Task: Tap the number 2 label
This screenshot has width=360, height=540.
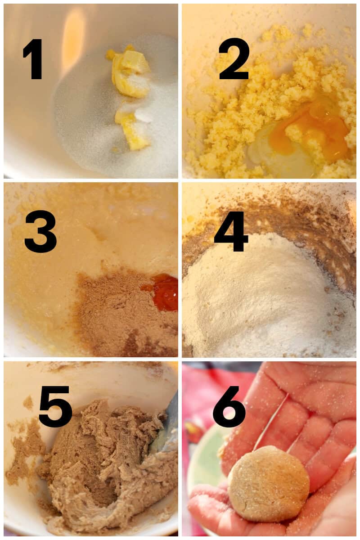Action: coord(234,58)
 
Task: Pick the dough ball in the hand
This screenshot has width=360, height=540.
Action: coord(269,484)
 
